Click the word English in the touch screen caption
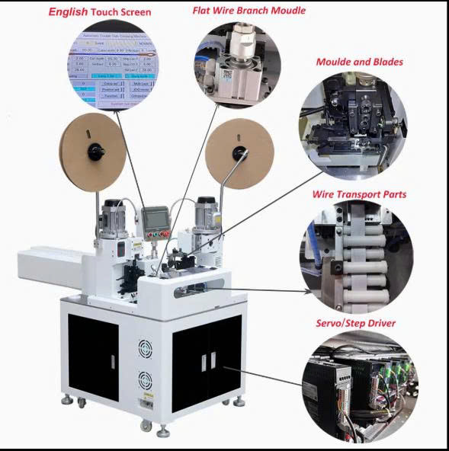(x=68, y=11)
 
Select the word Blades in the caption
(x=384, y=62)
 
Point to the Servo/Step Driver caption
(x=355, y=323)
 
